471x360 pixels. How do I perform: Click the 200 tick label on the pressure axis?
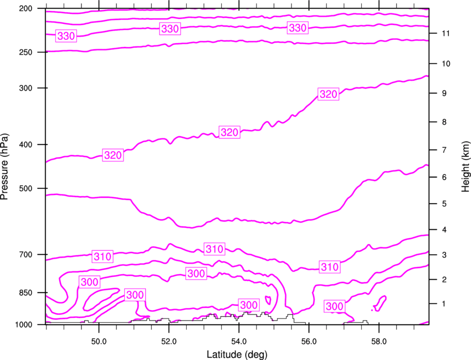[x=25, y=8]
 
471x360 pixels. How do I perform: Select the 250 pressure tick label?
[x=25, y=52]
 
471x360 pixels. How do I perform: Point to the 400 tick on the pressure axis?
[x=25, y=145]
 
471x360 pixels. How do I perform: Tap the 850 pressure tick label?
[x=25, y=293]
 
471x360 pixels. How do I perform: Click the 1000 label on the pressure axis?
[x=23, y=325]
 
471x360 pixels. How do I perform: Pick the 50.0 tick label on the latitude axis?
[x=99, y=341]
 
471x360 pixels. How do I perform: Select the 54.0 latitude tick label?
[x=239, y=341]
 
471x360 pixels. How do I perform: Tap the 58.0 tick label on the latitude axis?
[x=379, y=341]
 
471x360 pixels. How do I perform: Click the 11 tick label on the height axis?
[x=446, y=33]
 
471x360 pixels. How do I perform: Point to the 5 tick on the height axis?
[x=444, y=204]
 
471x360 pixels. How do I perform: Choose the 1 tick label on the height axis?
[x=444, y=304]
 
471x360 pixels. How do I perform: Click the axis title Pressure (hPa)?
[x=4, y=166]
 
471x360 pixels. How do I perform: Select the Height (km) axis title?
[x=465, y=166]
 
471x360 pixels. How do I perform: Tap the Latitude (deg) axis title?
[x=237, y=354]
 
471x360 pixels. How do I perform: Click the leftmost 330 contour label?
[x=66, y=36]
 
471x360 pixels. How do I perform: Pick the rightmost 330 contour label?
[x=298, y=28]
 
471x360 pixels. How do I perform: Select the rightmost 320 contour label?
[x=329, y=94]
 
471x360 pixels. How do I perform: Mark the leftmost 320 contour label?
[x=113, y=155]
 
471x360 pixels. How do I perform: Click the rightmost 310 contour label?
[x=330, y=267]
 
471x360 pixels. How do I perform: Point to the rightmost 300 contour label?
[x=334, y=306]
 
